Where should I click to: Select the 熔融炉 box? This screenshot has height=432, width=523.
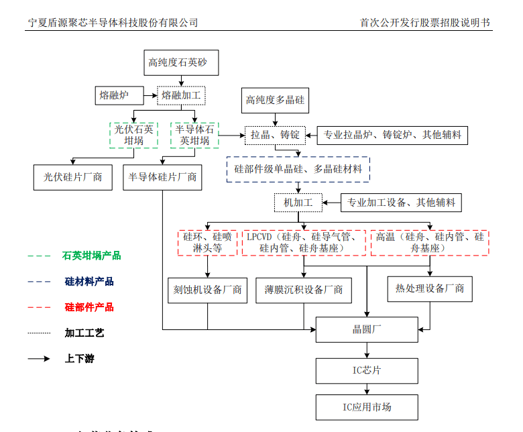tap(114, 95)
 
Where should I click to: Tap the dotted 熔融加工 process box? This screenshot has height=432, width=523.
tap(181, 95)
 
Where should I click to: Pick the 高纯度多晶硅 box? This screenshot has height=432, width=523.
tap(275, 101)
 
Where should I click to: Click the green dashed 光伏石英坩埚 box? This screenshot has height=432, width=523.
tap(134, 135)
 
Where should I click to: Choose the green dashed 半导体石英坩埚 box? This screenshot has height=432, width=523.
tap(194, 135)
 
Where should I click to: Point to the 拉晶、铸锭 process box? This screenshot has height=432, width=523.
tap(275, 135)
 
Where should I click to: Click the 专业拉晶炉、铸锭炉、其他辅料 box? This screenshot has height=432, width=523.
tap(392, 135)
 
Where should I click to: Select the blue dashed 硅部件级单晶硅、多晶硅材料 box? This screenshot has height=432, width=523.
tap(298, 170)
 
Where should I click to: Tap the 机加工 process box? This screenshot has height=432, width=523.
tap(298, 202)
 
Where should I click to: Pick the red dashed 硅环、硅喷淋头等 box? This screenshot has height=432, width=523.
tap(207, 242)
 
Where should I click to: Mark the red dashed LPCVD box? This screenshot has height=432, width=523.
tap(304, 242)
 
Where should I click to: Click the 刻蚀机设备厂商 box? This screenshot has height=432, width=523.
tap(207, 290)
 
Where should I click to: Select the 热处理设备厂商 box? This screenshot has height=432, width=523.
tap(429, 289)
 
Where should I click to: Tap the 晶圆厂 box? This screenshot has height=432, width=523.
tap(367, 329)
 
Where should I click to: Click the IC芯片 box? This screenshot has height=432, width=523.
tap(367, 370)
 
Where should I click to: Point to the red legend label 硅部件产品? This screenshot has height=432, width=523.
tap(89, 307)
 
